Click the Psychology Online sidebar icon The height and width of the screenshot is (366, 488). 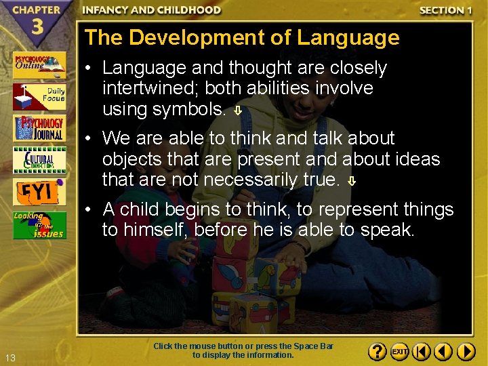pyautogui.click(x=39, y=65)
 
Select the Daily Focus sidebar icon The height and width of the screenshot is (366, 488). pyautogui.click(x=39, y=96)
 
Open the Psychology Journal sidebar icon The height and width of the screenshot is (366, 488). pyautogui.click(x=39, y=128)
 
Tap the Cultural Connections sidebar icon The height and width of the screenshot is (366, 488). pyautogui.click(x=39, y=160)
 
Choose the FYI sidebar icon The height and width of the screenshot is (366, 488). pyautogui.click(x=39, y=192)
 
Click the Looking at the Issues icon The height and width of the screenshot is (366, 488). pyautogui.click(x=39, y=225)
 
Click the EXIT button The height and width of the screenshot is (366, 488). pyautogui.click(x=400, y=352)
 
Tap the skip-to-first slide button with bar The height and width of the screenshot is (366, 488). pyautogui.click(x=422, y=352)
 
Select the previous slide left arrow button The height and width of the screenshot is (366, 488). pyautogui.click(x=443, y=352)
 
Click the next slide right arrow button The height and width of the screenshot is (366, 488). pyautogui.click(x=466, y=352)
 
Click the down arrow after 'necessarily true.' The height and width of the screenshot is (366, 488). pyautogui.click(x=352, y=181)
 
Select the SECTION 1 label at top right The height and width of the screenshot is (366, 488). pyautogui.click(x=445, y=10)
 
